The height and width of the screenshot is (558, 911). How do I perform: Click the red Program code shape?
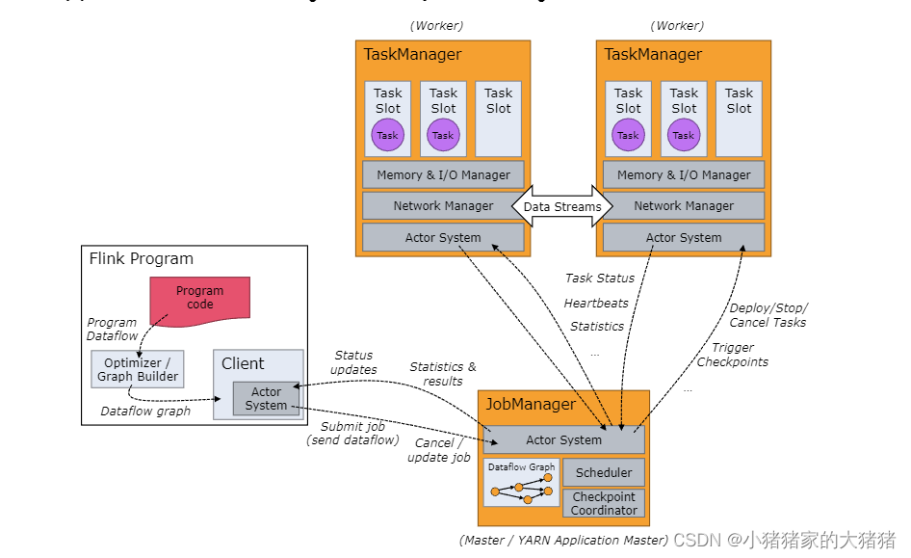click(199, 297)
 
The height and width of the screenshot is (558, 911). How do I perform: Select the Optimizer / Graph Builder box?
click(138, 369)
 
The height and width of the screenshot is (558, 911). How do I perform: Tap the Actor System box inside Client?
click(266, 399)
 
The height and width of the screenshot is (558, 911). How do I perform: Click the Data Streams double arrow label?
click(563, 206)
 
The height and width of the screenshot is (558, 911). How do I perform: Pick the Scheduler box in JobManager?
click(604, 472)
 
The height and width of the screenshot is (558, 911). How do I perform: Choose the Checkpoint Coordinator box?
click(604, 503)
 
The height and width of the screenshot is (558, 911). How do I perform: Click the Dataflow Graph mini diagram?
click(521, 483)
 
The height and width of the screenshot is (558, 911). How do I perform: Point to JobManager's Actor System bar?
click(563, 439)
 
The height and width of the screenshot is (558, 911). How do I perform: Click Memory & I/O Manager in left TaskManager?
click(443, 174)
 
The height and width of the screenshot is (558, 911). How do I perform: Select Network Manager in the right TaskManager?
click(684, 205)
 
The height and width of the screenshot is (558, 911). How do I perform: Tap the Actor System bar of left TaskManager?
click(443, 237)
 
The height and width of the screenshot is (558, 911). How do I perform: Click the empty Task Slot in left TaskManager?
click(498, 119)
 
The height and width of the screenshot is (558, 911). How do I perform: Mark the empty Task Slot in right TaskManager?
click(739, 119)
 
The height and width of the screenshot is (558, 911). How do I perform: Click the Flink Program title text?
click(142, 258)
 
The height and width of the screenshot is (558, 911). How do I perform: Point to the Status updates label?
click(352, 362)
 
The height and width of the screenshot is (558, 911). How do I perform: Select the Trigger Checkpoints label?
click(732, 355)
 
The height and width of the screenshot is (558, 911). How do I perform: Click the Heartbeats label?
click(596, 303)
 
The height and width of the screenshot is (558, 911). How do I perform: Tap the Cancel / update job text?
click(439, 450)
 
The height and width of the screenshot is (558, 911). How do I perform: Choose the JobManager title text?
click(531, 405)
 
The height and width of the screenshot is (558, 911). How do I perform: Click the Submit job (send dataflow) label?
click(352, 433)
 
